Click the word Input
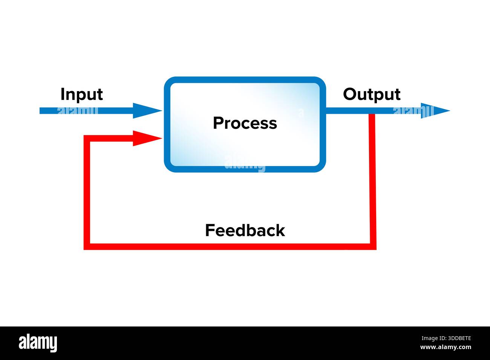click(81, 95)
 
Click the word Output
click(371, 95)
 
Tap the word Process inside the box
click(245, 123)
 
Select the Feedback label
click(245, 230)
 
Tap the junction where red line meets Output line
click(372, 111)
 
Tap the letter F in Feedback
click(209, 230)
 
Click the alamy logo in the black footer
click(38, 343)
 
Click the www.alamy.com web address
click(446, 347)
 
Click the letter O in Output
click(349, 94)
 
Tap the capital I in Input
click(63, 94)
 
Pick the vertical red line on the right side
click(372, 181)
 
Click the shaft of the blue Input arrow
click(87, 111)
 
